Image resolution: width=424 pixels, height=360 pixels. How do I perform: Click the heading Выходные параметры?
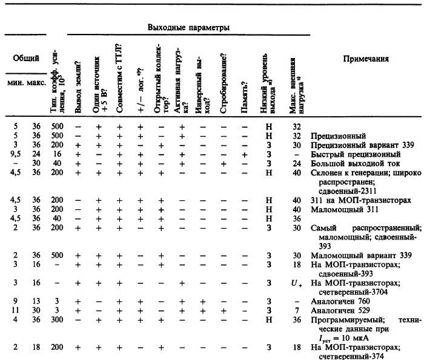(x=188, y=28)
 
